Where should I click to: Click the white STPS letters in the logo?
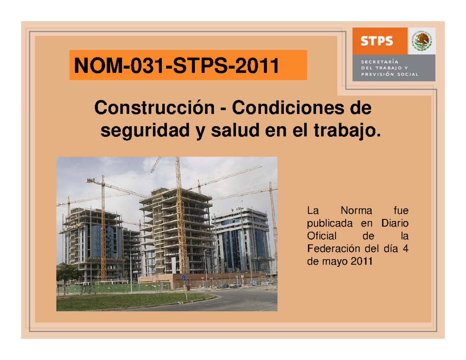pos(377,41)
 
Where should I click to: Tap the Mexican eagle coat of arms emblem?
pos(421,41)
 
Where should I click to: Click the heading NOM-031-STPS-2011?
pos(176,65)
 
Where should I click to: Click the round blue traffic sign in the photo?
pos(183,277)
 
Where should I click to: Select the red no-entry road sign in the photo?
pos(202,278)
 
